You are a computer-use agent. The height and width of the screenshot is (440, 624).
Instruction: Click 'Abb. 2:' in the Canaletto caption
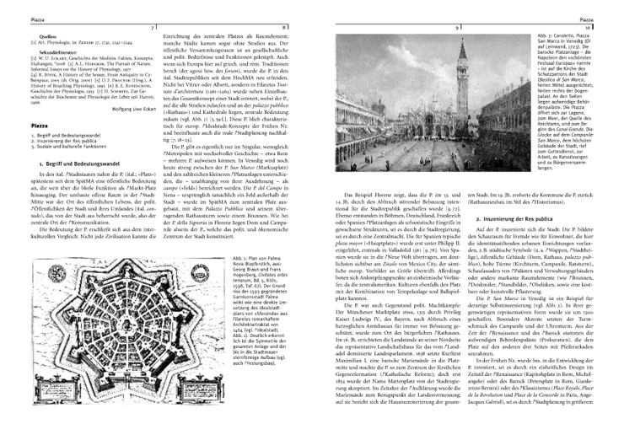point(544,30)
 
